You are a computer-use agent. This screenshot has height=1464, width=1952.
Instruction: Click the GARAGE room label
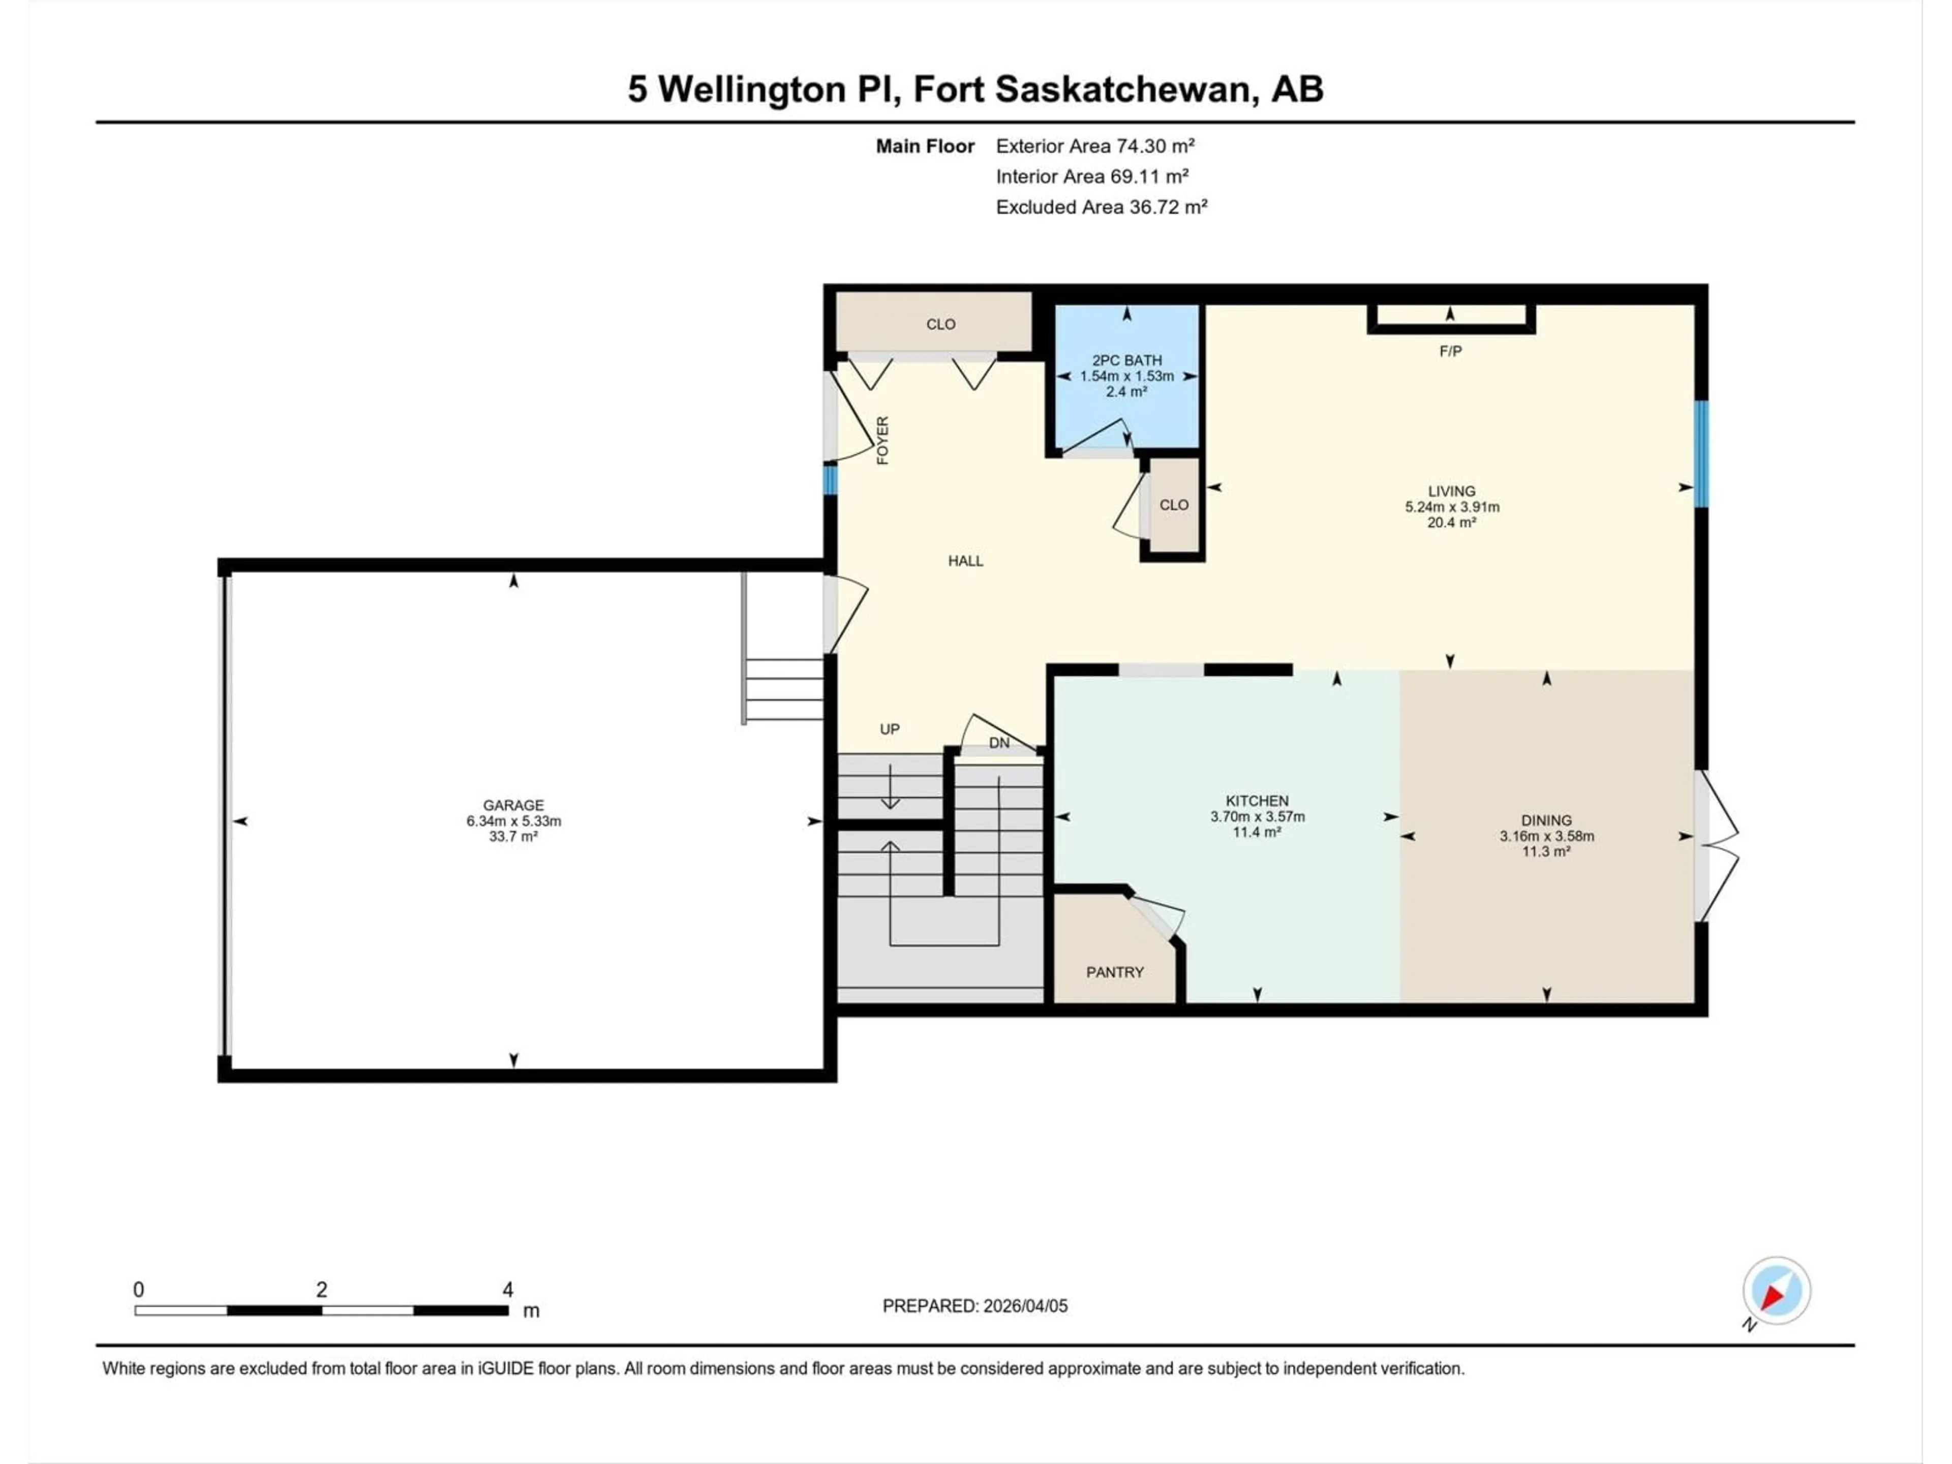[513, 805]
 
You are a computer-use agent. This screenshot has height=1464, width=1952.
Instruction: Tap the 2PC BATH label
[1127, 360]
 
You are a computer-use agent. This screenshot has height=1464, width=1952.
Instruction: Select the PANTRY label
[1115, 971]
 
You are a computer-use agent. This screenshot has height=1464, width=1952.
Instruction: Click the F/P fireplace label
[1450, 351]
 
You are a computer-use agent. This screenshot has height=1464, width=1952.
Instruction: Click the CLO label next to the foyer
[941, 324]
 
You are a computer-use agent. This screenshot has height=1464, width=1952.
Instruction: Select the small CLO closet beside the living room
[1174, 505]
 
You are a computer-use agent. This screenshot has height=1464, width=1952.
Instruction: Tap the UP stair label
[890, 729]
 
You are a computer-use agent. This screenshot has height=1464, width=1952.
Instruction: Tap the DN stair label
[999, 743]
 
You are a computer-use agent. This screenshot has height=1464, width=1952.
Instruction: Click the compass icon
[1777, 1291]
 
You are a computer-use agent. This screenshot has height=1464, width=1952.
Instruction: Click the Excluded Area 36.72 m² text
[1102, 206]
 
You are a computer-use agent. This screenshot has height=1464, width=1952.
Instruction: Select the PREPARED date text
[974, 1305]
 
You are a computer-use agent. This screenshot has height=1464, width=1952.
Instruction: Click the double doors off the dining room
[1716, 845]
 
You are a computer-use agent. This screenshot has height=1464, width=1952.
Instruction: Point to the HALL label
[965, 560]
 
